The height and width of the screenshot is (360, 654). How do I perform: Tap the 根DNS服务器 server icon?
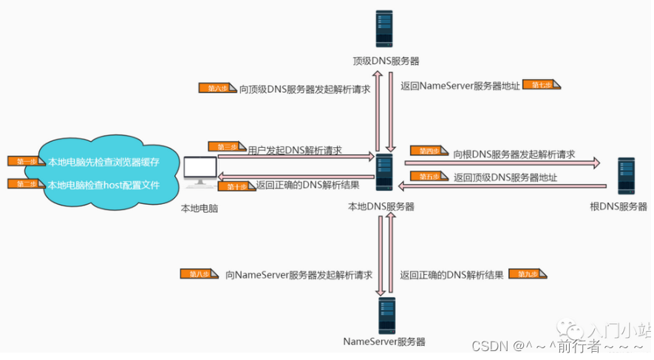tap(627, 177)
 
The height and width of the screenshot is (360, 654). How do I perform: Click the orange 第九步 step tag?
tap(528, 274)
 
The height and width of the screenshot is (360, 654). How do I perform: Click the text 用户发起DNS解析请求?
tap(295, 149)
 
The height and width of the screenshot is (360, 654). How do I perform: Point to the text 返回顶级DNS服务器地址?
tap(505, 177)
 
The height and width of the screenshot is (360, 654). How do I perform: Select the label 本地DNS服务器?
tap(381, 206)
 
